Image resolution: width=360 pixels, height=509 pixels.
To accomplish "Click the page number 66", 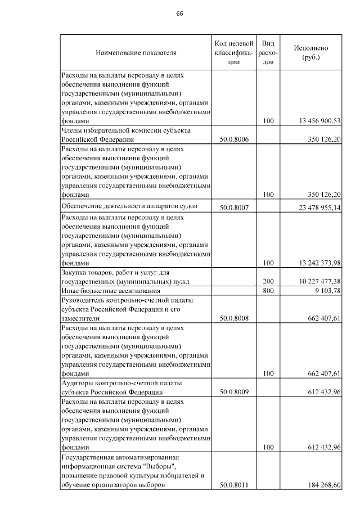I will (x=180, y=13).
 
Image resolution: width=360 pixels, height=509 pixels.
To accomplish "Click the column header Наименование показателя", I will (x=136, y=53).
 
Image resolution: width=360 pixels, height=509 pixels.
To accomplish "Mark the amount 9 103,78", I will (x=327, y=291).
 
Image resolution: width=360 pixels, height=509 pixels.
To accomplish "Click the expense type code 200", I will (x=268, y=281).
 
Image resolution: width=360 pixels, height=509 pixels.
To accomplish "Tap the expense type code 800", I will (x=268, y=291).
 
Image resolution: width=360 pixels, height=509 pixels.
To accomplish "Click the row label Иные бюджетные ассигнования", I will (x=111, y=291).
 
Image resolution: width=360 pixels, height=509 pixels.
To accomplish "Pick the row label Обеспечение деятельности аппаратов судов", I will (x=129, y=206).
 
